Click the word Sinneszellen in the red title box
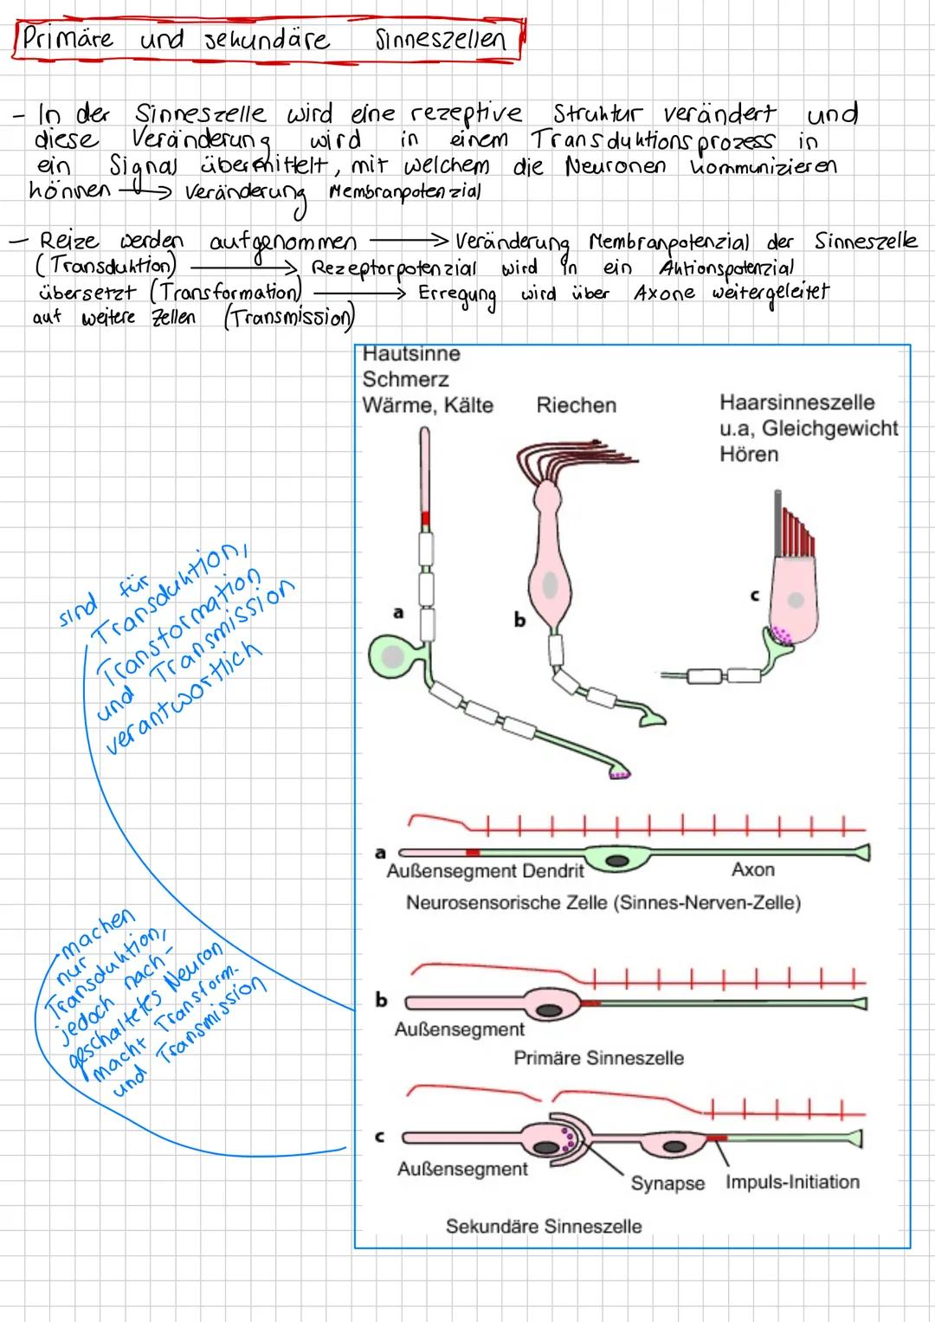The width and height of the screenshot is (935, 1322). click(440, 40)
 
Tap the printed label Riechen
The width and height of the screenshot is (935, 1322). click(576, 405)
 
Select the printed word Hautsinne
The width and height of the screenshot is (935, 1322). click(411, 354)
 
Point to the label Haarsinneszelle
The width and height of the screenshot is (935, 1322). click(796, 403)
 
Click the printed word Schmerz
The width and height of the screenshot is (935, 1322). click(405, 379)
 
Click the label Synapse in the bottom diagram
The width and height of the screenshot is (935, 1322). click(667, 1183)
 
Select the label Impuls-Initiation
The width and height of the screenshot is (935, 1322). click(792, 1182)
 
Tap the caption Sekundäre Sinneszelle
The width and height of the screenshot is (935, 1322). click(544, 1226)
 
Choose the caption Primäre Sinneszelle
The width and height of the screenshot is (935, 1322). click(598, 1058)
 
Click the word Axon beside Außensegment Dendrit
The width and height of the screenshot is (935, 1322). click(752, 870)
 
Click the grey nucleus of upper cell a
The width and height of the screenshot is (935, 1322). click(393, 658)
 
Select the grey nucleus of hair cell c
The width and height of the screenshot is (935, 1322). click(795, 599)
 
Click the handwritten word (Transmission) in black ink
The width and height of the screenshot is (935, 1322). click(289, 319)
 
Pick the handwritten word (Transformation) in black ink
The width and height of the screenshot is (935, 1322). click(228, 293)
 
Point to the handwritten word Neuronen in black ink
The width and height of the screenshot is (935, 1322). click(616, 166)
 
